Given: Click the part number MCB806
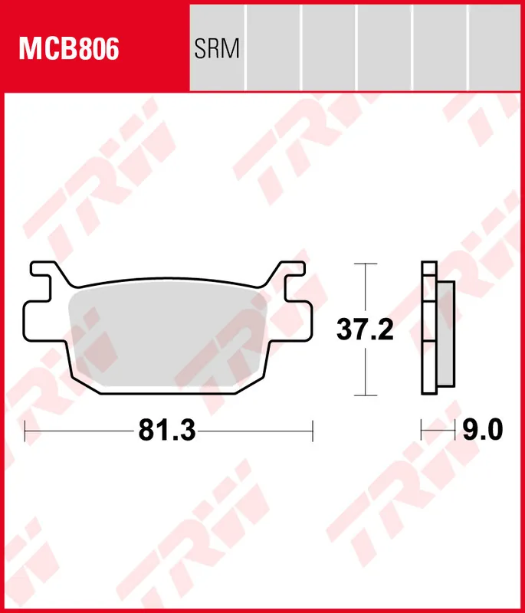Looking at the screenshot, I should [69, 50].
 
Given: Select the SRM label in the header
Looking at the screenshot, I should [217, 50].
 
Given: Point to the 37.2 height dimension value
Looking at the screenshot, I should [366, 329].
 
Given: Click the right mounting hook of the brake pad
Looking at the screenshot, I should [292, 273].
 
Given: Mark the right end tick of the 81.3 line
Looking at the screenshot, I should [313, 431].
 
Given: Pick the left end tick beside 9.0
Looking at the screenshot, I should [422, 431].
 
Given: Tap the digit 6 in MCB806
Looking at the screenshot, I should [110, 50].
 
